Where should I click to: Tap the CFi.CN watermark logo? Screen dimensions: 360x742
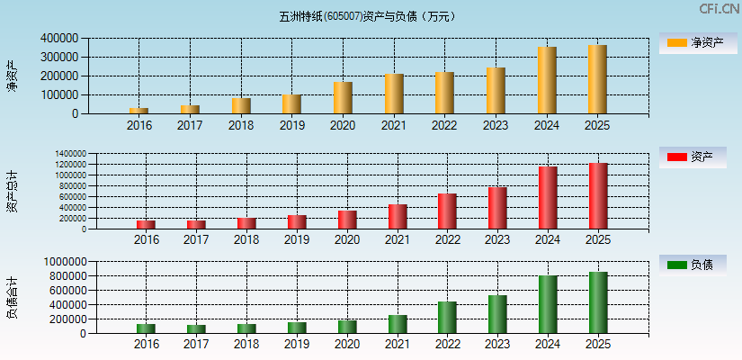point(720,9)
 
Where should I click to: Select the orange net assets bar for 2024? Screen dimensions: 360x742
point(547,80)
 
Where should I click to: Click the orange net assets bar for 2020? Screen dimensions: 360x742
point(343,97)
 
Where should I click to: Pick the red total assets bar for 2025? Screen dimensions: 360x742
point(598,196)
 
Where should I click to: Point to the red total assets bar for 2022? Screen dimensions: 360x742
point(447,211)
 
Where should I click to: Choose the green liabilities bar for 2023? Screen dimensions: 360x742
point(497,314)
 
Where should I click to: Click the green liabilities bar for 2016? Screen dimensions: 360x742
point(146,328)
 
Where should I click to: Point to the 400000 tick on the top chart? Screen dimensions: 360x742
point(58,39)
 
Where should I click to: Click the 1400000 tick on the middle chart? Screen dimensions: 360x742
point(67,154)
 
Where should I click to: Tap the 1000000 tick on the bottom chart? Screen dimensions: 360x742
point(62,262)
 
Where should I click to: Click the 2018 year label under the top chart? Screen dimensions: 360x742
point(241,125)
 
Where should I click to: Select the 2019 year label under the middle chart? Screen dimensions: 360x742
point(297,240)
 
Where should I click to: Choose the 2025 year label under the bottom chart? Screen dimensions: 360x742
point(598,344)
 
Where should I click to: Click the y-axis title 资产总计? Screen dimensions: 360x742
point(12,191)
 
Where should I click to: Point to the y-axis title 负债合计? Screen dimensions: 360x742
point(12,298)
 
